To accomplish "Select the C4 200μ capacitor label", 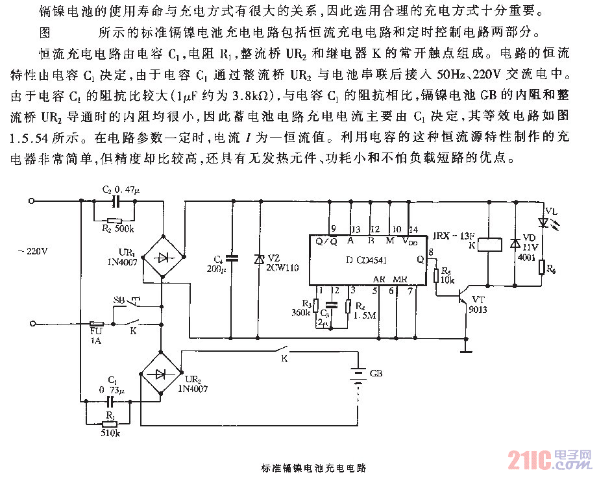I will [x=215, y=262].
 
